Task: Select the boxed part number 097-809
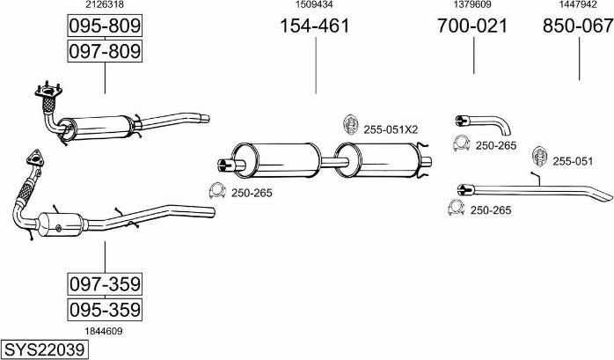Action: [105, 52]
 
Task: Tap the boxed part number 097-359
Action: [105, 285]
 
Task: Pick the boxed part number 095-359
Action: [105, 310]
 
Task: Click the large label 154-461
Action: [314, 26]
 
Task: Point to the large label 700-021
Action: [472, 26]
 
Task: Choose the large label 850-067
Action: [578, 26]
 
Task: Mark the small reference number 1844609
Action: [105, 331]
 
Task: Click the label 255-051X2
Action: [391, 129]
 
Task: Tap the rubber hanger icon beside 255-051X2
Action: [349, 126]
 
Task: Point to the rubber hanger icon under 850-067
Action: [538, 158]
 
